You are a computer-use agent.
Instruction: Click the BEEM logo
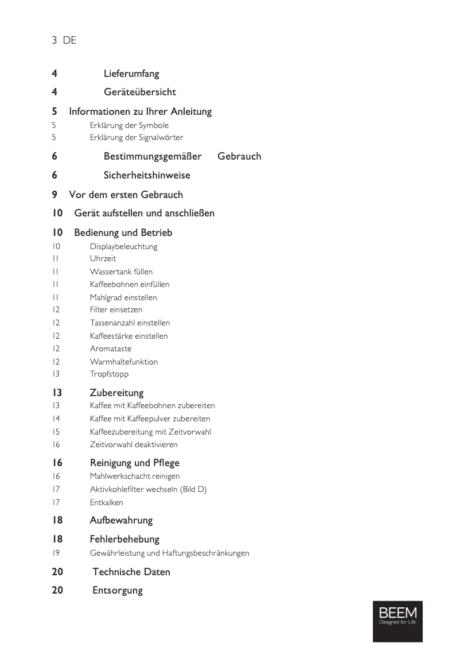click(x=397, y=621)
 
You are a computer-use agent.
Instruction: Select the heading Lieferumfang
click(x=131, y=73)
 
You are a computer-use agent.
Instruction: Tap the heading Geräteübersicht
click(x=139, y=92)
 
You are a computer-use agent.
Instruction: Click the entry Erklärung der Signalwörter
click(x=137, y=137)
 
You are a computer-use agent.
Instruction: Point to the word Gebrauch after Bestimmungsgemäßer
click(x=239, y=156)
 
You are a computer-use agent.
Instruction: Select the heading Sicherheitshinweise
click(x=147, y=175)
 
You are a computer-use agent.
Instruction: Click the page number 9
click(x=54, y=195)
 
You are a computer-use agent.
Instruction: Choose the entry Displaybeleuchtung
click(x=123, y=246)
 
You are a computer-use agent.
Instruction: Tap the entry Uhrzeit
click(x=103, y=259)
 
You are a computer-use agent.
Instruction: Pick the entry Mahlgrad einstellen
click(x=123, y=297)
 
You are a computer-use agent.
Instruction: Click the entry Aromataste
click(x=110, y=348)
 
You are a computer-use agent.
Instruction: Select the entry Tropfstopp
click(x=109, y=374)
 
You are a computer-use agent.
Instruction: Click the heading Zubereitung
click(x=116, y=393)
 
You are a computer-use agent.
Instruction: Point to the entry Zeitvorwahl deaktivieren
click(x=134, y=444)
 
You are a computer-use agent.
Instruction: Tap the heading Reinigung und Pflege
click(x=135, y=463)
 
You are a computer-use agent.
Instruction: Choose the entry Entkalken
click(x=106, y=502)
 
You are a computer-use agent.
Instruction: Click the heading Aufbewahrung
click(x=121, y=520)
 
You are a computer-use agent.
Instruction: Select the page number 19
click(x=56, y=553)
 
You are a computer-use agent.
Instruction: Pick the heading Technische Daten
click(x=131, y=572)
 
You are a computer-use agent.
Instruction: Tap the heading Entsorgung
click(x=118, y=590)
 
